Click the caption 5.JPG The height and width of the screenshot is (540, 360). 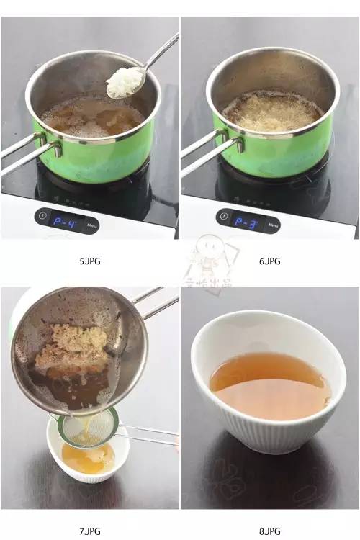[x=90, y=261]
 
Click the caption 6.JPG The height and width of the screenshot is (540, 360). [x=270, y=261]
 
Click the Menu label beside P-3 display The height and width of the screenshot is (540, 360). [x=273, y=225]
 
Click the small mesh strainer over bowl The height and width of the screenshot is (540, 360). [x=81, y=428]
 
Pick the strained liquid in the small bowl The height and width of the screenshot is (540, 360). [x=86, y=456]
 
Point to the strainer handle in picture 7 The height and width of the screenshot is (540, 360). [x=148, y=434]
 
